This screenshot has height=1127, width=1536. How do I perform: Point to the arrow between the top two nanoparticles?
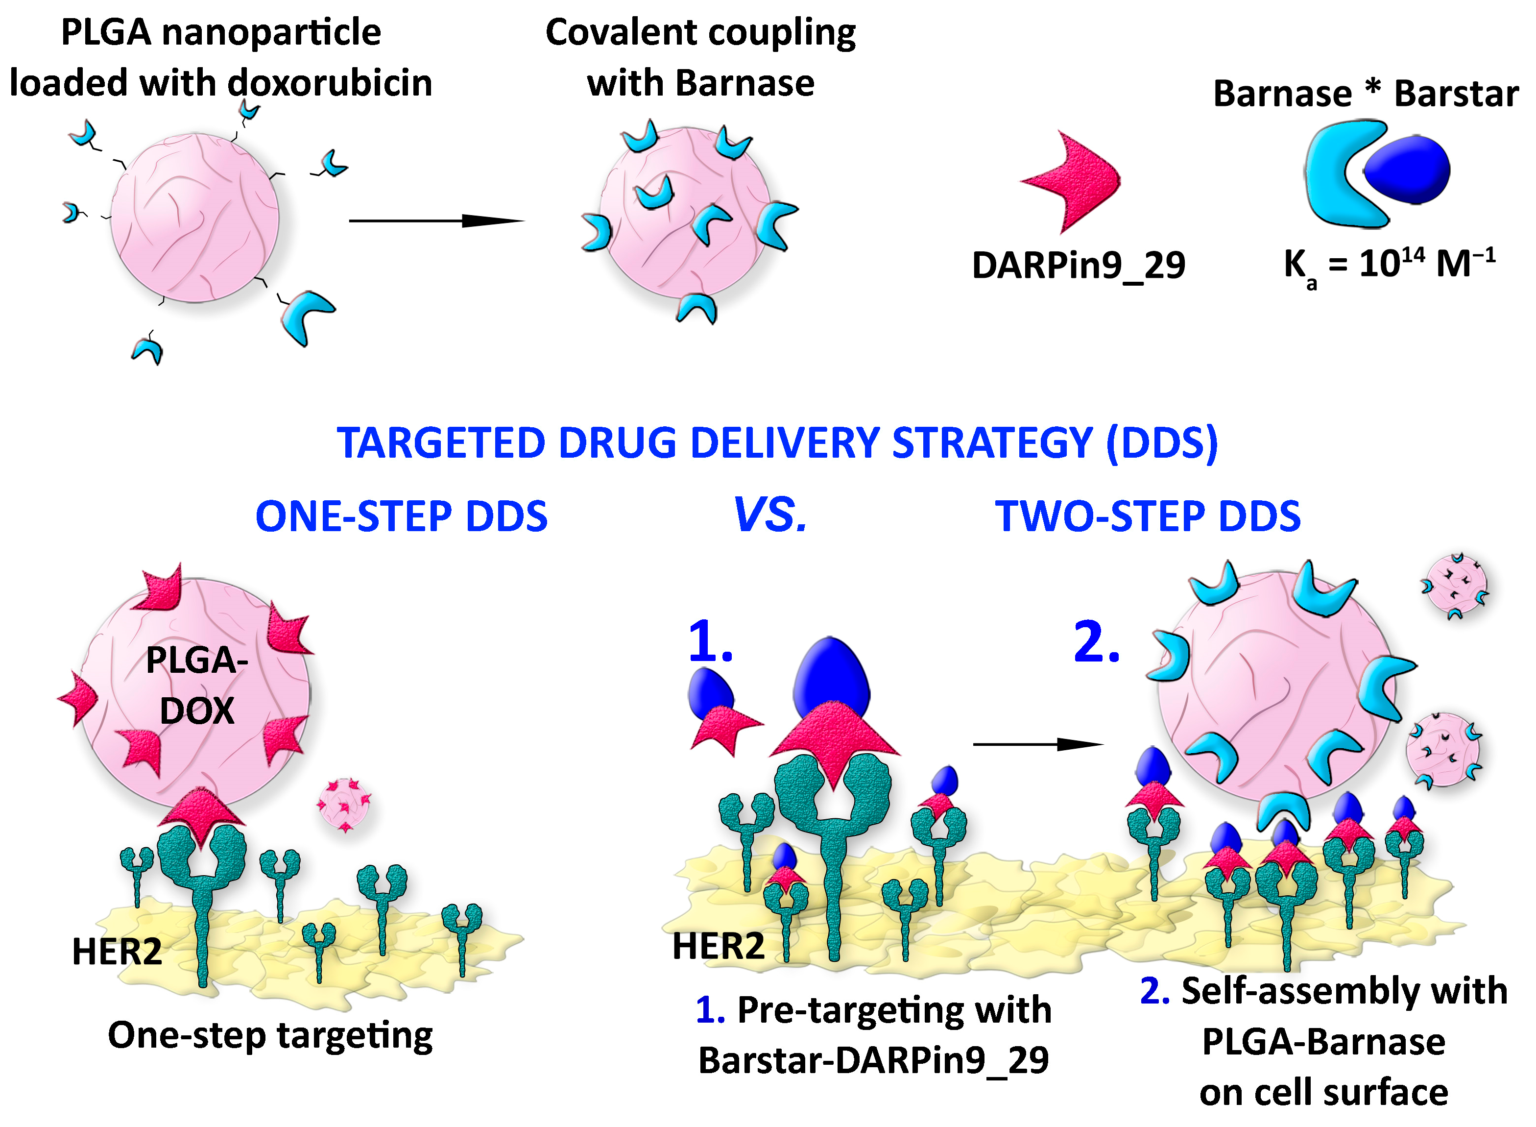pos(436,220)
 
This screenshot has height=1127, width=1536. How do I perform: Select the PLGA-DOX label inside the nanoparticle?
pos(196,685)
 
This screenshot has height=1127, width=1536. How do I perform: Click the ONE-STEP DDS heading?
pos(401,516)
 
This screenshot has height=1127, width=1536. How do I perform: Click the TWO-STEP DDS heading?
pos(1148,516)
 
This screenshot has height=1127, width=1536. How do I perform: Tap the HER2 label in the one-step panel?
pos(117,951)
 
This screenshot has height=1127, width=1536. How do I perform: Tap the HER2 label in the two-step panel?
pos(718,946)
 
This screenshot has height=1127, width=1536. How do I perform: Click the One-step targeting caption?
pos(270,1035)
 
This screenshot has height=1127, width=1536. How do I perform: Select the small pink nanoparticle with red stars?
pos(344,805)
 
